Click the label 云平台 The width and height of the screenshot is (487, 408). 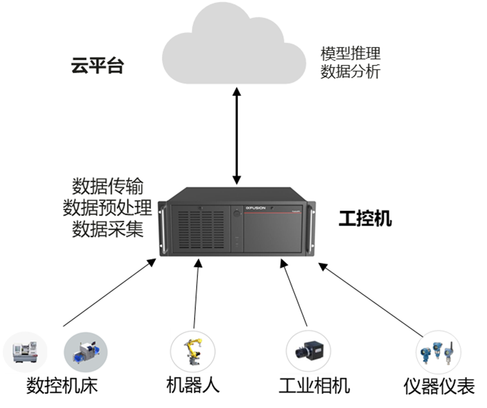96,66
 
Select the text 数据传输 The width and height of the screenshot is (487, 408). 107,188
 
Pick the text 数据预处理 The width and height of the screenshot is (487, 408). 107,208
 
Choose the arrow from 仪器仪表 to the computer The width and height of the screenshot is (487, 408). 373,299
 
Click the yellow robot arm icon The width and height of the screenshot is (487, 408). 192,353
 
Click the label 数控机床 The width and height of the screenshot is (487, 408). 61,386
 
